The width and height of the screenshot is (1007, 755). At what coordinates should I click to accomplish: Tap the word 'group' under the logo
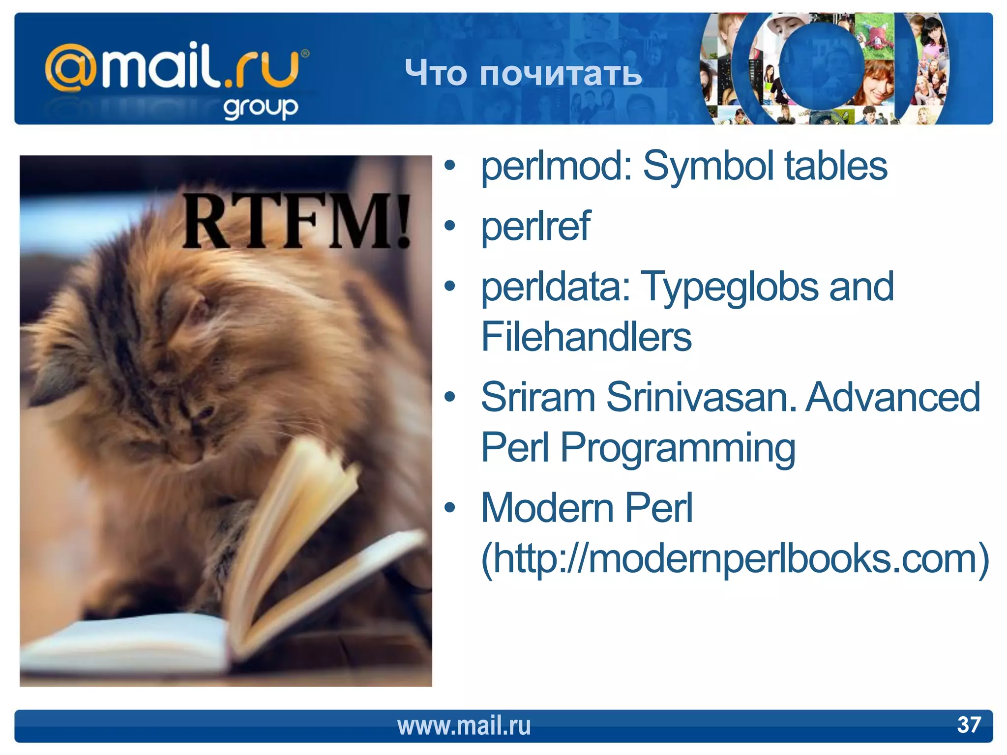261,108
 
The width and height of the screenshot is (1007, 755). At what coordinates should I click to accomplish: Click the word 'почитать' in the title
561,74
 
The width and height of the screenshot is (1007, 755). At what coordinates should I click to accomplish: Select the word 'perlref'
535,227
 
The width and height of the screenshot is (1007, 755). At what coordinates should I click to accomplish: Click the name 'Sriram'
538,397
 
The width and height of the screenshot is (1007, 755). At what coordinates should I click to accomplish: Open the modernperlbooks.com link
735,558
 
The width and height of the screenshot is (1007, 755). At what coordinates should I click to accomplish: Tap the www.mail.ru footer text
464,726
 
